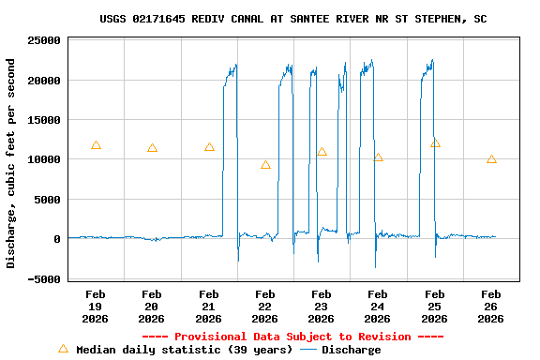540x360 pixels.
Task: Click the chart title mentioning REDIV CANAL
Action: click(x=292, y=19)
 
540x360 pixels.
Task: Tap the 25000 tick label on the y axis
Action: click(x=44, y=41)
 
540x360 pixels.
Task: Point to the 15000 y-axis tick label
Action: click(x=44, y=120)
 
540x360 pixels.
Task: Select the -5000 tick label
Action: click(x=44, y=278)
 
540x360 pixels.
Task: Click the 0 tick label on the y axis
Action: click(x=57, y=239)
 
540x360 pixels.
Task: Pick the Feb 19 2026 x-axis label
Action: click(x=96, y=307)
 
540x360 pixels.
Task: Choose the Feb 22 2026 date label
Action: click(x=265, y=307)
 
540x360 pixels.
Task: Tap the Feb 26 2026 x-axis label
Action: click(x=491, y=307)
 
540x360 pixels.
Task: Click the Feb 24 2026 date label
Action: click(x=378, y=307)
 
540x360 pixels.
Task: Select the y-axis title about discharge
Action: click(x=11, y=163)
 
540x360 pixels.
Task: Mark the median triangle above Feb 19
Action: click(x=96, y=145)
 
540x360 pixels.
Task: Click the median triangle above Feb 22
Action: click(x=265, y=165)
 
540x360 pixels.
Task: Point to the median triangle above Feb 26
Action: click(x=491, y=159)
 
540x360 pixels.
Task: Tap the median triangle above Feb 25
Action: click(x=435, y=143)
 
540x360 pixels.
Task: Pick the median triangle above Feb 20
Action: click(x=152, y=148)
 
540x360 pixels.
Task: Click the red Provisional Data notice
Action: click(x=292, y=337)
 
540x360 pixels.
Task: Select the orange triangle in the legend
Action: click(x=63, y=349)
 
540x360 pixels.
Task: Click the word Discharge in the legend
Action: click(x=351, y=350)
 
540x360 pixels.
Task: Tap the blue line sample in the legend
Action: click(x=308, y=350)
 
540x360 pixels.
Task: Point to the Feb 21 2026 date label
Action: click(x=209, y=307)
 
